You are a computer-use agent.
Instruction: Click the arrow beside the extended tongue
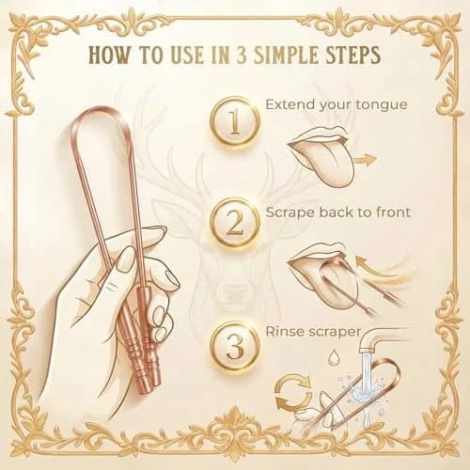365,160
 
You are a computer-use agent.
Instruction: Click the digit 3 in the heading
242,55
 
